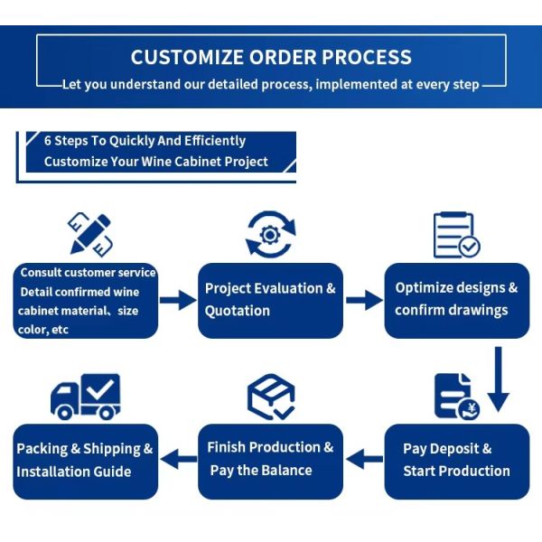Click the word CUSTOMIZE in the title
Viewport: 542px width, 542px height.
click(x=187, y=57)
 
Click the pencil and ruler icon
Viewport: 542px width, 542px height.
click(x=90, y=234)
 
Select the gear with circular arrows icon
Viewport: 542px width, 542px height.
click(x=271, y=234)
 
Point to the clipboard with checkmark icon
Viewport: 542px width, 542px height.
click(x=456, y=235)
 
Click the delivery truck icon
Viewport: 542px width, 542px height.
click(x=86, y=397)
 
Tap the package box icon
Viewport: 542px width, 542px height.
click(x=271, y=397)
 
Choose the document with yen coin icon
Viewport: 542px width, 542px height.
click(x=457, y=397)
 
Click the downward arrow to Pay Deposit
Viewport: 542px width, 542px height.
click(x=498, y=379)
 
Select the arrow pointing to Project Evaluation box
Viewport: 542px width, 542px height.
click(x=178, y=300)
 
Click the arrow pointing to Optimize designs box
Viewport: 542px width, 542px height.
click(x=364, y=300)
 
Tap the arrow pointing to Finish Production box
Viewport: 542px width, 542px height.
click(x=364, y=459)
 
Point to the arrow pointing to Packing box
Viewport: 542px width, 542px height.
click(x=179, y=459)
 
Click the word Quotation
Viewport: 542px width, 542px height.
click(x=237, y=311)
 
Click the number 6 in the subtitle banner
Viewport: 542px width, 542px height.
click(x=48, y=141)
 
